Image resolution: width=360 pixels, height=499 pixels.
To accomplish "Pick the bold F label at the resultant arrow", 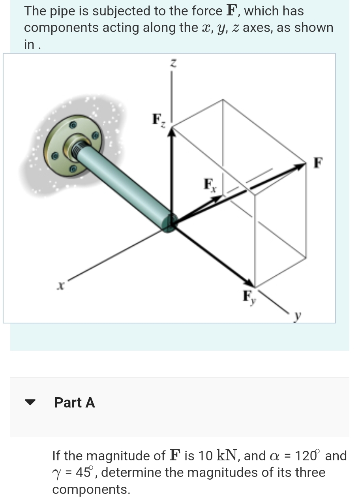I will (x=318, y=162).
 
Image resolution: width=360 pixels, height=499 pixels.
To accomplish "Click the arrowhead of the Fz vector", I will (x=171, y=133).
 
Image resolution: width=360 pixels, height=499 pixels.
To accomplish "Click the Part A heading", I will (x=75, y=402).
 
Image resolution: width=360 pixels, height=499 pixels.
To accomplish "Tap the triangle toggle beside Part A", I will (x=30, y=403).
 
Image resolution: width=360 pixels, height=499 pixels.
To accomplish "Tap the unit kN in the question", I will (x=228, y=456).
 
